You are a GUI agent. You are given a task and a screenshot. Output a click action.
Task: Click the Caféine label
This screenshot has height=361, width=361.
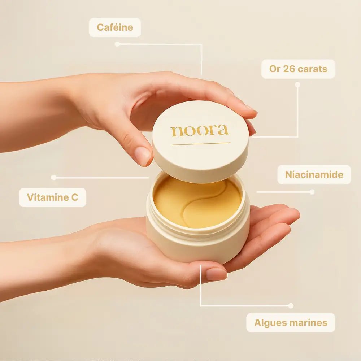[115, 27]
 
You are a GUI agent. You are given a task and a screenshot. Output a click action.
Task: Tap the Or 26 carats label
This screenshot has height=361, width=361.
[298, 69]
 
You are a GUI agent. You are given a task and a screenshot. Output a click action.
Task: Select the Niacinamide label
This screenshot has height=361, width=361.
[314, 174]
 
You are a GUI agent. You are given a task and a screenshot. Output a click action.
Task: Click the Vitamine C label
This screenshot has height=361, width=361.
[52, 197]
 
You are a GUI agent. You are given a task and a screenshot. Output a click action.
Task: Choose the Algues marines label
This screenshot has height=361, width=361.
[291, 322]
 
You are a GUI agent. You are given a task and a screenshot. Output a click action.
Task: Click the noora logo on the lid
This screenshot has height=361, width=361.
[200, 131]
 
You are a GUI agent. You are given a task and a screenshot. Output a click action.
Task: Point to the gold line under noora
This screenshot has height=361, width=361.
[201, 144]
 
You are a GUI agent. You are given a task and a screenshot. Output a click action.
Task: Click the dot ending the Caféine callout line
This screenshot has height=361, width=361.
[117, 44]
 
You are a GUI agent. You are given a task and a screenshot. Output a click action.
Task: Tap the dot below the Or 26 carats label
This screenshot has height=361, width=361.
[298, 85]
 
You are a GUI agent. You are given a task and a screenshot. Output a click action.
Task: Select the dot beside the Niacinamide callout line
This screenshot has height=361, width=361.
[312, 192]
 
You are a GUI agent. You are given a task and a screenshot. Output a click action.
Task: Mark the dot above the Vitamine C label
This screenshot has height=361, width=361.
[54, 178]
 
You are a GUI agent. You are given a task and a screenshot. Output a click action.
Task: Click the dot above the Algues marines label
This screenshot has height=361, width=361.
[291, 306]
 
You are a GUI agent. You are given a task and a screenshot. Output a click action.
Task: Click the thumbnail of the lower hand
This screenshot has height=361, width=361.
[216, 274]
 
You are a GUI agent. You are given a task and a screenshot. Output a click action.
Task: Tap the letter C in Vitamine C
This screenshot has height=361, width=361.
[75, 197]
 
